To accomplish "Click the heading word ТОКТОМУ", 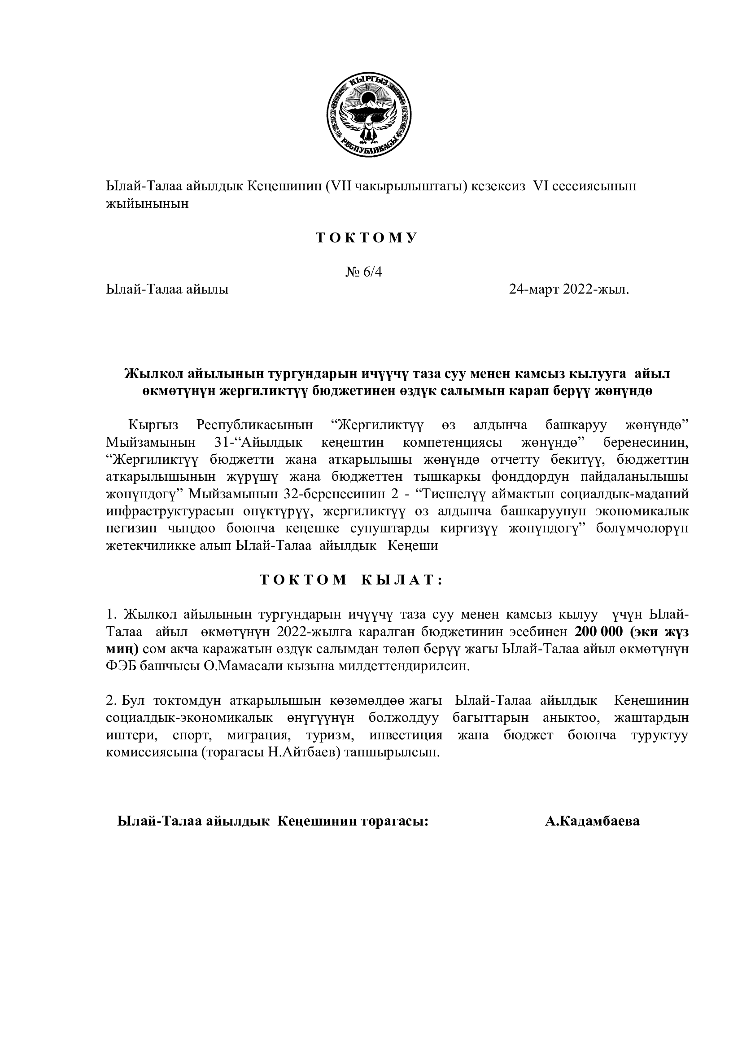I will (x=367, y=238).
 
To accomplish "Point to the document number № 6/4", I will (x=364, y=272).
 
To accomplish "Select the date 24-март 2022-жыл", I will (x=569, y=290).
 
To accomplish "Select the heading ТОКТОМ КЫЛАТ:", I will (x=351, y=580).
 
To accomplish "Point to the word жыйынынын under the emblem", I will (x=147, y=204).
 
